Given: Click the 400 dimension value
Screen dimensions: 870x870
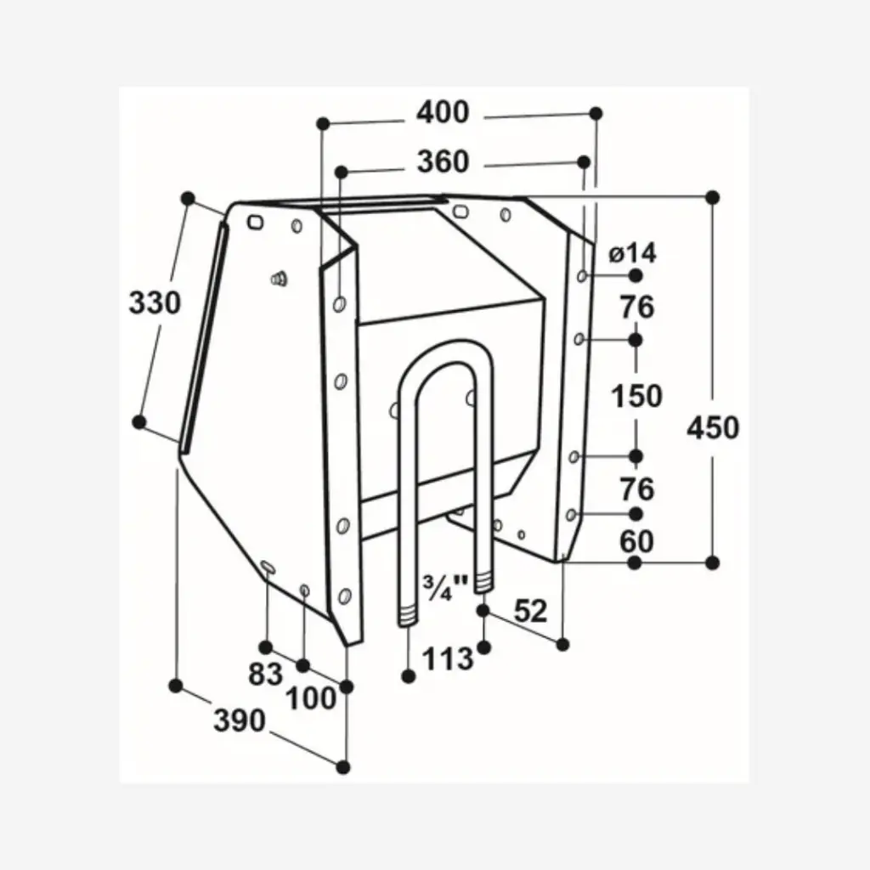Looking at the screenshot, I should click(443, 112).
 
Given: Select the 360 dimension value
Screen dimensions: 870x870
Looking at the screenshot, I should click(443, 161).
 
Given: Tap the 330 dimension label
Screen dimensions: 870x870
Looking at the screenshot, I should click(155, 302).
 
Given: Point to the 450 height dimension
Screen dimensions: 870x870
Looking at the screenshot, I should click(713, 427).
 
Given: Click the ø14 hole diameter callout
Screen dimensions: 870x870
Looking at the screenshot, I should click(633, 252).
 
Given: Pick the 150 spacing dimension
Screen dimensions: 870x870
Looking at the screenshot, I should click(637, 396).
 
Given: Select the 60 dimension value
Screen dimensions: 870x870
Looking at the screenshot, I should click(637, 540).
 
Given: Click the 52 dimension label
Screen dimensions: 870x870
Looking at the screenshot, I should click(531, 611).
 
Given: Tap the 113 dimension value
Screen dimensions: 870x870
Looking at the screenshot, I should click(448, 657).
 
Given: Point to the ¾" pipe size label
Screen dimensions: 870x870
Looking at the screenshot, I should click(446, 587).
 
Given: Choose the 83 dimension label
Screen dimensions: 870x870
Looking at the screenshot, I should click(265, 674).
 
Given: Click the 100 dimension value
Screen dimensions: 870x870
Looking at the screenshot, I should click(310, 699).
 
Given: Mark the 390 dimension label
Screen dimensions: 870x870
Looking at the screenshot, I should click(239, 720).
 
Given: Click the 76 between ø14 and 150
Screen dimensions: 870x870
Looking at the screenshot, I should click(637, 308).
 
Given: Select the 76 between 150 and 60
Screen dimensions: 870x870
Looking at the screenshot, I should click(637, 489).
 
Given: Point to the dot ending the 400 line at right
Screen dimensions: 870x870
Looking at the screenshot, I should click(596, 112).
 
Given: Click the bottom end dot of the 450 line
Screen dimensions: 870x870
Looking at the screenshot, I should click(713, 562).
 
